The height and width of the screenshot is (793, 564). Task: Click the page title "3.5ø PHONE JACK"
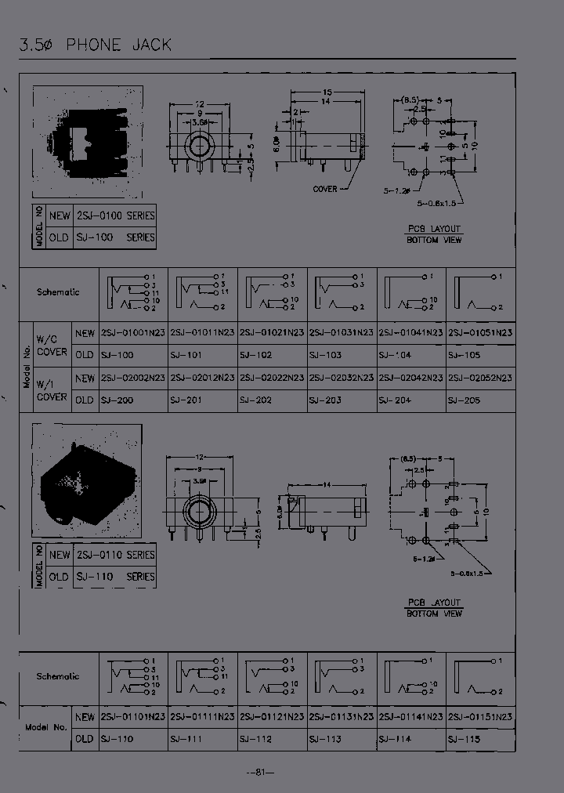(95, 45)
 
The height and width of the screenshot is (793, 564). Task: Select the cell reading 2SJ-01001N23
(132, 333)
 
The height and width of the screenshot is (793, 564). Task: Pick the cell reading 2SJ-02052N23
(480, 378)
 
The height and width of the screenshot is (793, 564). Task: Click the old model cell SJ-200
(117, 400)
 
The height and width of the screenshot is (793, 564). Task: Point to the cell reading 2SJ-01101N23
(132, 717)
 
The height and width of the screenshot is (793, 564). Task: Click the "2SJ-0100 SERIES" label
(115, 215)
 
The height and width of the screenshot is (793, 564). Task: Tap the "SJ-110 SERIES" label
(115, 577)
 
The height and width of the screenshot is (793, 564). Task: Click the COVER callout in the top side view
(325, 189)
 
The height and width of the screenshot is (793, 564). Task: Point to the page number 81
(261, 773)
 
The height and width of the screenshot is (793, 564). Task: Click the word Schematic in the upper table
(58, 292)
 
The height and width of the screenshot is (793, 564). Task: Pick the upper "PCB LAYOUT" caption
(434, 229)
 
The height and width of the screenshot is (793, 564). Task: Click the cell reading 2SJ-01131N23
(342, 717)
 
